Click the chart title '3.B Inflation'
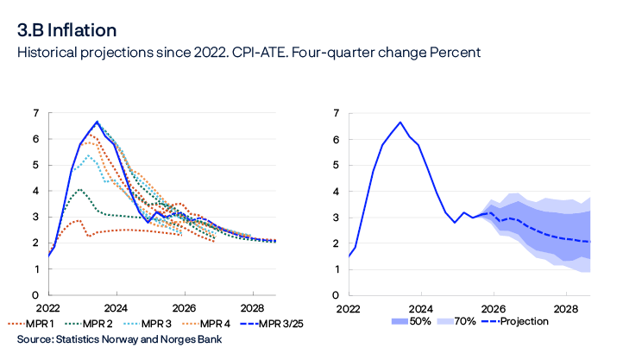[x=68, y=31]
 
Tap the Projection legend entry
[x=533, y=322]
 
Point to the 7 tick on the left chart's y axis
[x=35, y=113]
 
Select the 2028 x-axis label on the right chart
[x=565, y=307]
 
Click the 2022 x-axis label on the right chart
[x=349, y=307]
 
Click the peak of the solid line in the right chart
[x=400, y=123]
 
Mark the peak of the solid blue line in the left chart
[x=97, y=122]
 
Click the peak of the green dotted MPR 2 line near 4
[x=79, y=189]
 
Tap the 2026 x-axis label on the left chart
[x=184, y=307]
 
